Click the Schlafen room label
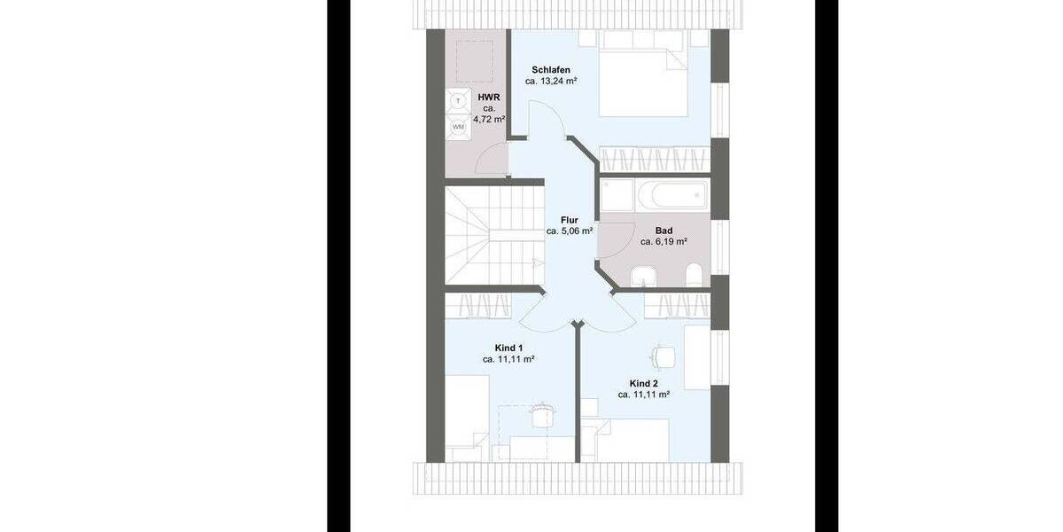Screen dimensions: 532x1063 (x=550, y=70)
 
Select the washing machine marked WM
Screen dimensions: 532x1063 (x=458, y=127)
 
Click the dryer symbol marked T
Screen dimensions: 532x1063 (x=458, y=101)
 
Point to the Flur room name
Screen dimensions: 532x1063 (x=569, y=220)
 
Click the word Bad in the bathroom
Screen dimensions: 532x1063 (x=663, y=230)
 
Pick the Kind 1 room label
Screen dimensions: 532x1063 (x=508, y=348)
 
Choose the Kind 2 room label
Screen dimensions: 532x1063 (x=644, y=383)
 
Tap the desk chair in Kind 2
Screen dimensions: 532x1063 (x=660, y=354)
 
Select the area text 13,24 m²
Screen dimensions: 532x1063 (x=551, y=81)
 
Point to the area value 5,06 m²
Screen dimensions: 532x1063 (x=569, y=231)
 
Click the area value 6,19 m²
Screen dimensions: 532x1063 (x=663, y=240)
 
